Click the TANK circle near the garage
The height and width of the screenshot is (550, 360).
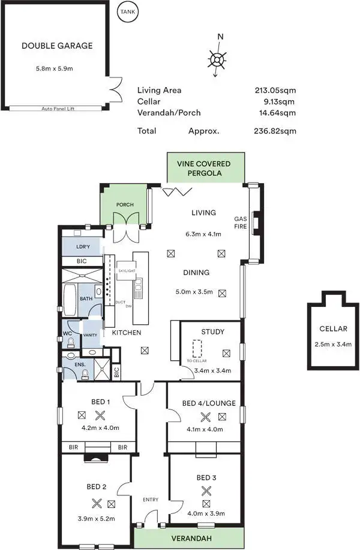point(127,11)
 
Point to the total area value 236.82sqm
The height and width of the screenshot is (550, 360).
point(275,131)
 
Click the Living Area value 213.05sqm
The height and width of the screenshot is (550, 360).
point(275,91)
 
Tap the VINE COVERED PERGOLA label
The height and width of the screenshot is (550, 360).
point(206,168)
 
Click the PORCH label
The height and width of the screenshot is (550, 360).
point(125,205)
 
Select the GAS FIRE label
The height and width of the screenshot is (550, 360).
point(241,223)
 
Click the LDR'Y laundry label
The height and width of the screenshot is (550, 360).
point(83,247)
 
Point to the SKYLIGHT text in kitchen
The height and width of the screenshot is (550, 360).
point(127,271)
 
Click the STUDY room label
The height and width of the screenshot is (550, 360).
point(212,331)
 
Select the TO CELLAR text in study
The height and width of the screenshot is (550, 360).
point(196,361)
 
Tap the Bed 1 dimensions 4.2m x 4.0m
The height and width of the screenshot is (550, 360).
point(101,428)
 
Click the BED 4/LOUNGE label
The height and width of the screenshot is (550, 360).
point(208,403)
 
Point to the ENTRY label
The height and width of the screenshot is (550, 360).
point(150,500)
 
